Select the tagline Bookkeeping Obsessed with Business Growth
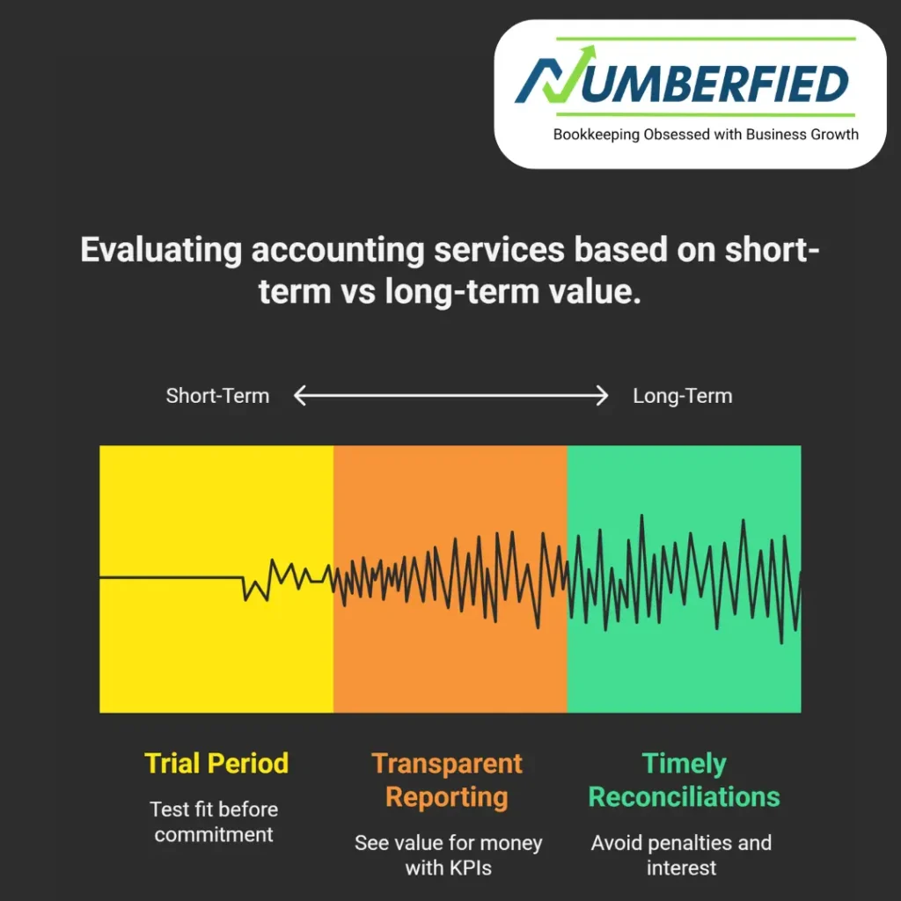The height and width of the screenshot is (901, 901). [x=706, y=135]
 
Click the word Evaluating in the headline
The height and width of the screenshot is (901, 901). [x=161, y=251]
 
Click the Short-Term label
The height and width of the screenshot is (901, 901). [x=217, y=396]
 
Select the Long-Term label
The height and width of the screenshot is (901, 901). [x=682, y=396]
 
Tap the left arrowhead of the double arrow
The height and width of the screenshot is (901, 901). [x=299, y=397]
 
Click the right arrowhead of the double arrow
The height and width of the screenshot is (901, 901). [x=602, y=397]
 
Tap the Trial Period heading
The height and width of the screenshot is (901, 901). [x=216, y=763]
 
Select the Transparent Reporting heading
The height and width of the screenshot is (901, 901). [x=447, y=780]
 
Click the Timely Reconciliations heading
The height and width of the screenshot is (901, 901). [x=684, y=780]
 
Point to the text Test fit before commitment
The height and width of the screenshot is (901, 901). [x=214, y=821]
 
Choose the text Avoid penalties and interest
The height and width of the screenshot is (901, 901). [x=681, y=855]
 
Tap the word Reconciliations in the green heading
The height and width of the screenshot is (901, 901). [x=684, y=797]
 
